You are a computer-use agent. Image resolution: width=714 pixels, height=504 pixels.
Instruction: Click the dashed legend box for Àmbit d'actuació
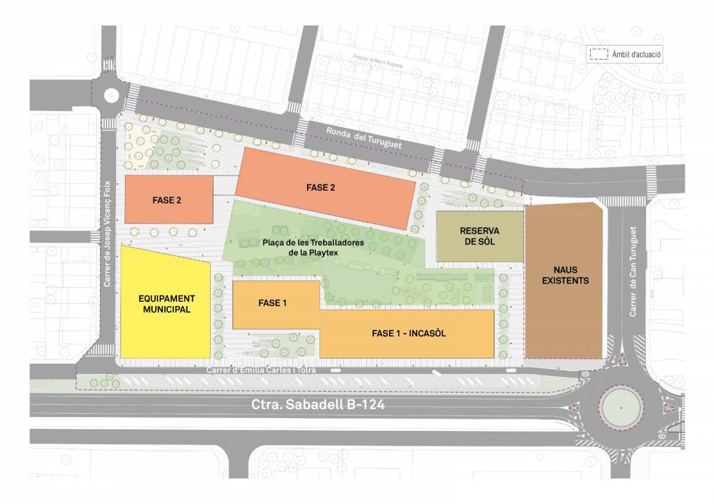coord(598,54)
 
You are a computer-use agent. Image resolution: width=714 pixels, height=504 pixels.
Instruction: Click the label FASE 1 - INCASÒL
coord(409,333)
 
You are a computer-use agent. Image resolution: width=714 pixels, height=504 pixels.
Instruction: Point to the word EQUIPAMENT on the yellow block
coord(167,299)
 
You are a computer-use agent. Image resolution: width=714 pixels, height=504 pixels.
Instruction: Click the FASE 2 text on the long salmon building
coord(321,188)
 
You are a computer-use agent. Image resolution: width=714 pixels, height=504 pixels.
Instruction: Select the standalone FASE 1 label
coord(273,303)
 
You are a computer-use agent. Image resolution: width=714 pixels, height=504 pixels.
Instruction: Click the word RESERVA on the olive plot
coord(479,231)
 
